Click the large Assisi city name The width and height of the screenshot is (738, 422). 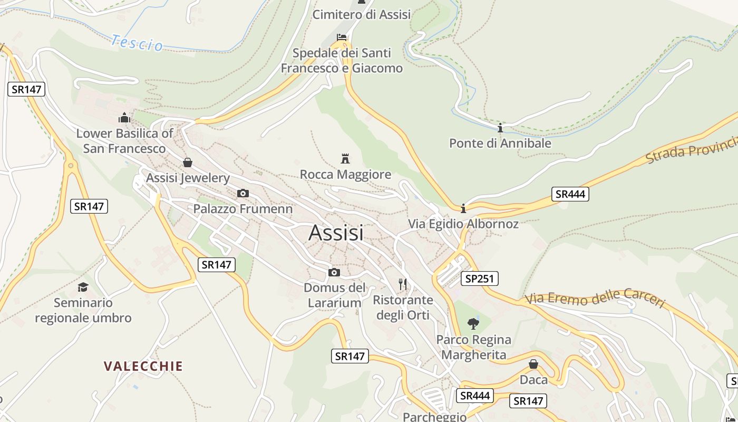[336, 233]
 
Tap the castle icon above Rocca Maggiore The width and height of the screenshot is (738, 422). [345, 158]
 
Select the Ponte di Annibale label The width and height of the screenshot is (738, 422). [500, 143]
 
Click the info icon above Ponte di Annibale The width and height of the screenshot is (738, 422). [500, 128]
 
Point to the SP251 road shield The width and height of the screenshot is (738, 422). [479, 279]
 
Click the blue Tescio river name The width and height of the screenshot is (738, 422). [137, 43]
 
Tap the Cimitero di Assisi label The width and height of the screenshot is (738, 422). [361, 14]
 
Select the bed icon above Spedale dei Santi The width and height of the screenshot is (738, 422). [342, 37]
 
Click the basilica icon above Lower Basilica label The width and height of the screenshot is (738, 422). [124, 118]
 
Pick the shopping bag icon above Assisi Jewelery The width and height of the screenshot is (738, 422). [187, 162]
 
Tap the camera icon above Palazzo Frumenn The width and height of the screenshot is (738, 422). [242, 194]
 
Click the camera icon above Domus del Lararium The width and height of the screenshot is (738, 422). [334, 273]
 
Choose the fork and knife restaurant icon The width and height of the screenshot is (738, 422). [403, 284]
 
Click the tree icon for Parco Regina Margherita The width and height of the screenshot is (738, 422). [473, 323]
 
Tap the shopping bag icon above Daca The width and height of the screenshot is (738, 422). [533, 364]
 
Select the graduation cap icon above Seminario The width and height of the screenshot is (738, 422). [83, 287]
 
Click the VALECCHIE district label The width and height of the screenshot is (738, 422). [143, 366]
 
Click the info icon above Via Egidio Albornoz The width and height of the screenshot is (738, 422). [463, 208]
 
